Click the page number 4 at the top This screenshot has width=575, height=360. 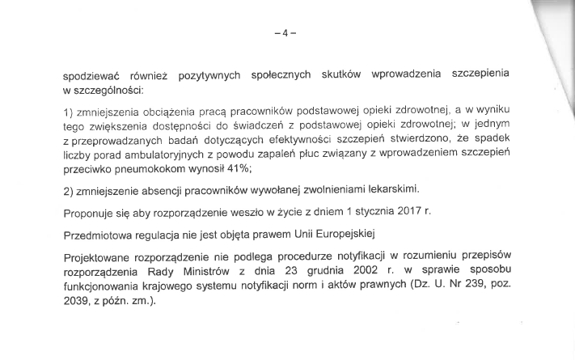(285, 33)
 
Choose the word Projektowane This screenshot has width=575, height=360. (99, 257)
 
